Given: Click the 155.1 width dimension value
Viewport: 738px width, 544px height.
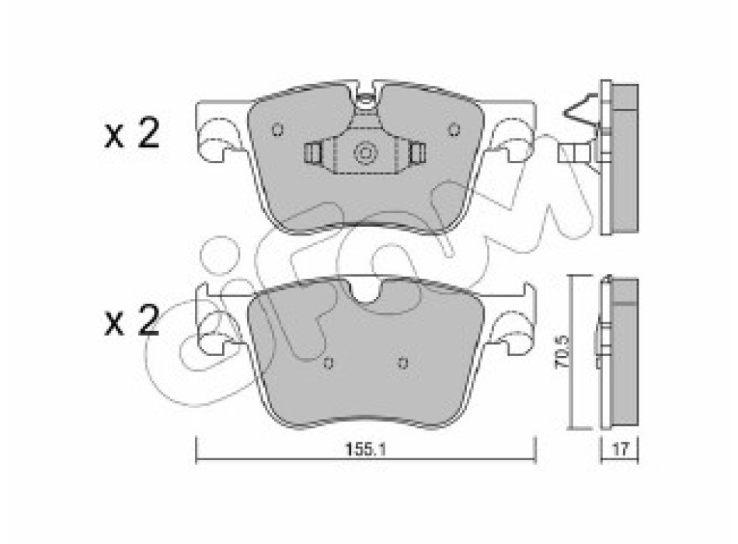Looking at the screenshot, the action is (x=366, y=449).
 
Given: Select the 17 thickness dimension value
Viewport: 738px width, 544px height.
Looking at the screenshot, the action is (x=621, y=449).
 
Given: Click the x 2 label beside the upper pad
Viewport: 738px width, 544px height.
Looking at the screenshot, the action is (x=132, y=134).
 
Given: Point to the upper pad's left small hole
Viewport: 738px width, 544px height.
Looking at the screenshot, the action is (x=277, y=129).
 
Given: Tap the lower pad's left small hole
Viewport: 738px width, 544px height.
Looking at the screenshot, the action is (x=329, y=363).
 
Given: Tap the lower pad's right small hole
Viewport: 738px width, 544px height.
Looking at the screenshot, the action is (x=402, y=363).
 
